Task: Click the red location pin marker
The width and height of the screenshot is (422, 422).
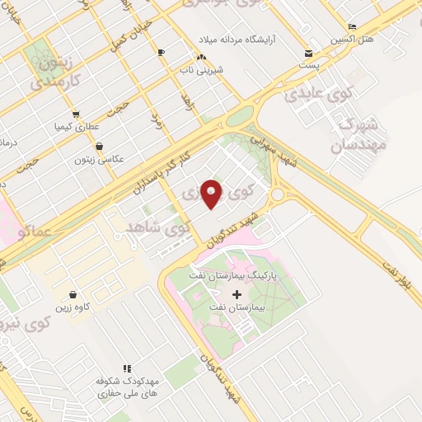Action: click(212, 195)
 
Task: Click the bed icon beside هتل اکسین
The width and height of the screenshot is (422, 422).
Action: click(353, 26)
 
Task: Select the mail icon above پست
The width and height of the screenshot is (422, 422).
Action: click(308, 51)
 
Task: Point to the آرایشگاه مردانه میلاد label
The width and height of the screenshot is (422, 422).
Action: click(247, 39)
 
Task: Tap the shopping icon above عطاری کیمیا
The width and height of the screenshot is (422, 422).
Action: click(75, 115)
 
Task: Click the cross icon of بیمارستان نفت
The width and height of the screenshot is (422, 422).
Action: click(237, 294)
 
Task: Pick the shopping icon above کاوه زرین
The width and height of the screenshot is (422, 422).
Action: click(73, 294)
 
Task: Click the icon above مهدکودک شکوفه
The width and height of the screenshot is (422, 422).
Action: click(127, 368)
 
